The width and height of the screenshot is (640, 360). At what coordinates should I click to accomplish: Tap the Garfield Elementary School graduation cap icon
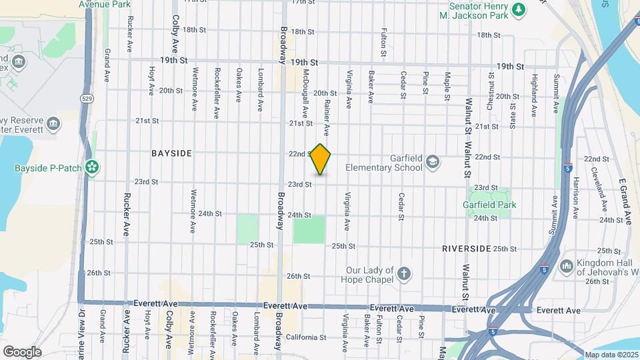433,162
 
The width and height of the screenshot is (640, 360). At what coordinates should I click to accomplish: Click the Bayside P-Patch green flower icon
93,165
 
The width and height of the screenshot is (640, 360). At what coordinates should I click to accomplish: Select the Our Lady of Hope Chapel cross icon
403,273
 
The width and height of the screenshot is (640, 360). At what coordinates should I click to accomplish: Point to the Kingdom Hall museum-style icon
567,266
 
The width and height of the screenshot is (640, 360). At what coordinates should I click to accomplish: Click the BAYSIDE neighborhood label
171,153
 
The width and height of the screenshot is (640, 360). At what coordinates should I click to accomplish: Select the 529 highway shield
88,97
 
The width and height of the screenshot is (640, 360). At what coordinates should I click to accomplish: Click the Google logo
22,351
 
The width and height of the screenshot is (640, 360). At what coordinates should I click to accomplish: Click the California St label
305,337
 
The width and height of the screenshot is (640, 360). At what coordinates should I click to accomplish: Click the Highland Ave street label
534,97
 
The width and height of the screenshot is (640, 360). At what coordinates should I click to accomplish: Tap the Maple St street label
448,86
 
